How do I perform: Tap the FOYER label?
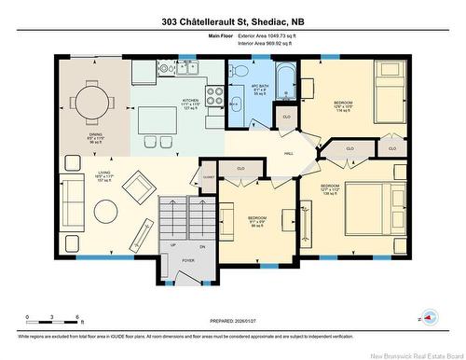click(187, 261)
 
